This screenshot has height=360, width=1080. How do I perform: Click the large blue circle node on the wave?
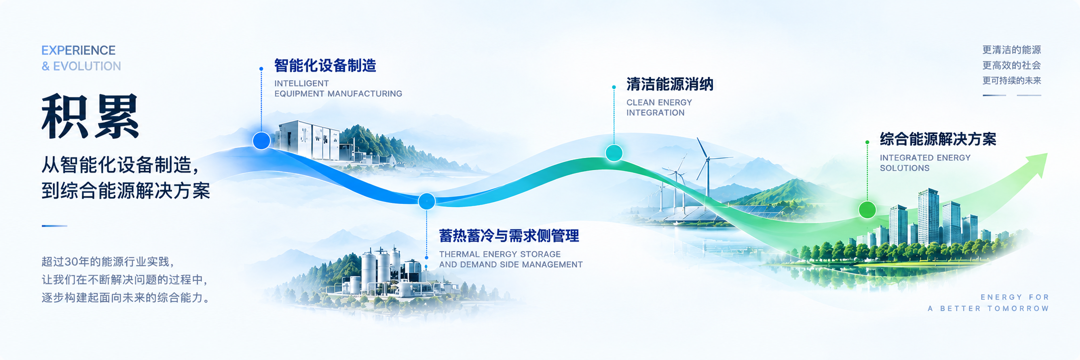(x=262, y=141)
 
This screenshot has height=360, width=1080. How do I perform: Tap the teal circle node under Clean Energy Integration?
(x=614, y=153)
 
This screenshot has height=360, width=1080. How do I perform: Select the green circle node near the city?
(x=867, y=210)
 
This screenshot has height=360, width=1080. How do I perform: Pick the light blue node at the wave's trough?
(x=427, y=201)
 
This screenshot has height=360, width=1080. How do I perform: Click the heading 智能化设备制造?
(x=325, y=66)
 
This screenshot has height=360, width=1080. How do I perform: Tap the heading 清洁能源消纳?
(x=670, y=85)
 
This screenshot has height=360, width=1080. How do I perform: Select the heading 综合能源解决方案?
(x=938, y=139)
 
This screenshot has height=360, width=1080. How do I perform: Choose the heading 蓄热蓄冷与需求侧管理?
(x=509, y=236)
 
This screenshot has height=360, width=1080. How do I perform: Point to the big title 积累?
(x=90, y=116)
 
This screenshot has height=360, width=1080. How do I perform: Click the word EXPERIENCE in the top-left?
(x=79, y=50)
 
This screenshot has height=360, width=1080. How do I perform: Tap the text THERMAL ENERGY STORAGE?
(x=500, y=254)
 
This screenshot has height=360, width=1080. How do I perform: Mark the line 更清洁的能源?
(x=1011, y=50)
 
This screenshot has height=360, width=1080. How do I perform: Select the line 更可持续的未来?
(x=1011, y=81)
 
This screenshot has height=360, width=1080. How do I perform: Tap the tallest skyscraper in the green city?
(x=928, y=217)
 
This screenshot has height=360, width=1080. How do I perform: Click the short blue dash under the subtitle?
(x=54, y=226)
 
